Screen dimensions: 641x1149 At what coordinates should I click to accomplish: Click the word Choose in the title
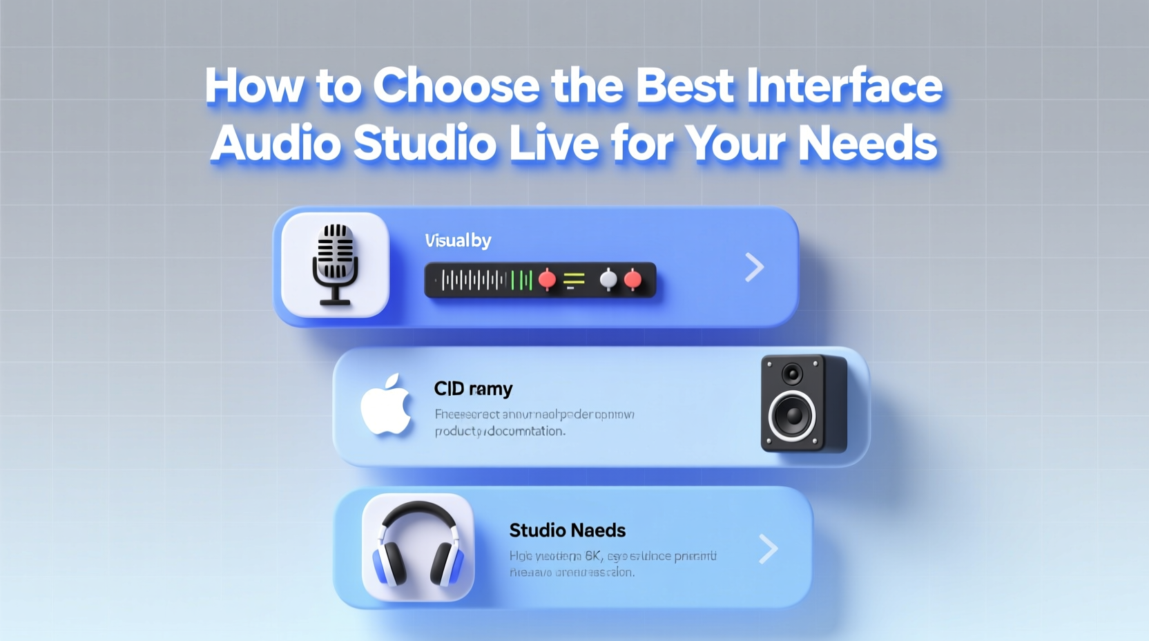pyautogui.click(x=456, y=87)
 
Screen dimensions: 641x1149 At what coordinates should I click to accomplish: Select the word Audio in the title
pyautogui.click(x=276, y=144)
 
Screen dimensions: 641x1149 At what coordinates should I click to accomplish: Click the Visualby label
pyautogui.click(x=458, y=240)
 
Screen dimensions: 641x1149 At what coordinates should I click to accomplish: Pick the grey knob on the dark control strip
pyautogui.click(x=608, y=279)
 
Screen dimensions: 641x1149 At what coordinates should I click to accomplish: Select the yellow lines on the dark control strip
pyautogui.click(x=574, y=280)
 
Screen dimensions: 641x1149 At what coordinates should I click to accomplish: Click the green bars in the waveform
pyautogui.click(x=522, y=280)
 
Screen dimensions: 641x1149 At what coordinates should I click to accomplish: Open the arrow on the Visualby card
pyautogui.click(x=755, y=267)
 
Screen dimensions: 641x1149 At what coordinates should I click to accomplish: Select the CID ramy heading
pyautogui.click(x=473, y=389)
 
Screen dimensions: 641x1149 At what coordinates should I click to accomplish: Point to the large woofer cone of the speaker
pyautogui.click(x=793, y=416)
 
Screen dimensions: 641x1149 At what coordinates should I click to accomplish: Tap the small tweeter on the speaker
pyautogui.click(x=793, y=374)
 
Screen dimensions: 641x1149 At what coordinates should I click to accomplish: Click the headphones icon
pyautogui.click(x=418, y=546)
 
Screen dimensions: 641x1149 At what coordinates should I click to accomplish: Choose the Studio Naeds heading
pyautogui.click(x=567, y=530)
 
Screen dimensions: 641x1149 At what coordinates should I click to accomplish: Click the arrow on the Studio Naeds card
pyautogui.click(x=768, y=549)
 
